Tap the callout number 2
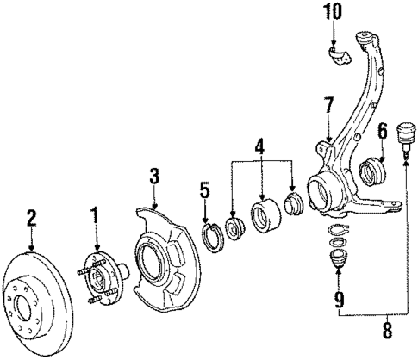point(32,218)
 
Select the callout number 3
point(154,177)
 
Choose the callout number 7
point(328,107)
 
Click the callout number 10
point(334,13)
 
